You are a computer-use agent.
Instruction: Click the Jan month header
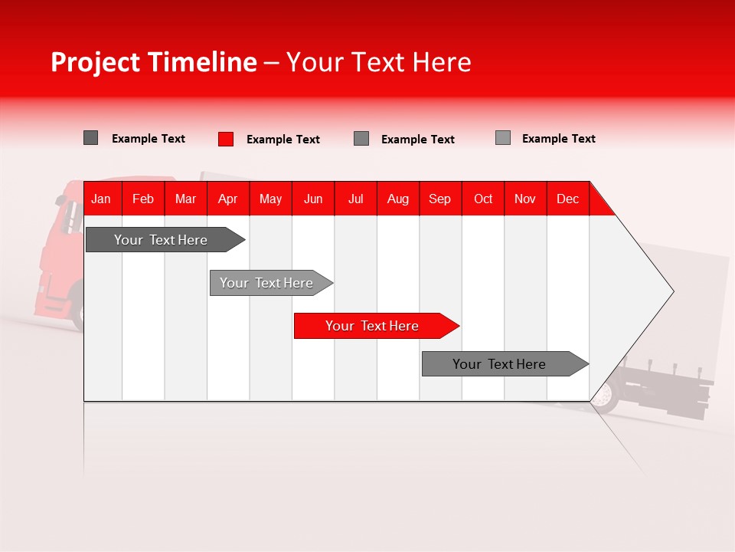tap(101, 199)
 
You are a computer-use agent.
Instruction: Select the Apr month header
tap(227, 199)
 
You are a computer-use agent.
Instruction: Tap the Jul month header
tap(355, 199)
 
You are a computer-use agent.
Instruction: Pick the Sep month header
tap(439, 199)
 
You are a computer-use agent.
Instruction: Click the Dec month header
tap(567, 199)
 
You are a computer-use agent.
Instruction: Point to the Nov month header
tap(525, 199)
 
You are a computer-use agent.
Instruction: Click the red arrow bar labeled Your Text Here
tap(373, 326)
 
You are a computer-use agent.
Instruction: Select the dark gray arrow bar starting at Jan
tap(162, 240)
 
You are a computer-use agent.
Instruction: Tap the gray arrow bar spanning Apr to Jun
tap(267, 283)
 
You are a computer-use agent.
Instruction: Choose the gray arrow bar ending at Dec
tap(500, 364)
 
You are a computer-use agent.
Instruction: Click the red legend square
tap(226, 139)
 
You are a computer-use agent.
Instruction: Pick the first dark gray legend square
tap(90, 138)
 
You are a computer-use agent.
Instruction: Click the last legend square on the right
tap(503, 138)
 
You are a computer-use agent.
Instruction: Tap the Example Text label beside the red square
tap(283, 140)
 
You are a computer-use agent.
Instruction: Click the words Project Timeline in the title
tap(153, 62)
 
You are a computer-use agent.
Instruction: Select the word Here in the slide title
tap(442, 62)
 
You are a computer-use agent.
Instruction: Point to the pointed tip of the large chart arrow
tap(671, 291)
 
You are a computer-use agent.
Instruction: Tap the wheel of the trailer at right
tap(606, 396)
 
